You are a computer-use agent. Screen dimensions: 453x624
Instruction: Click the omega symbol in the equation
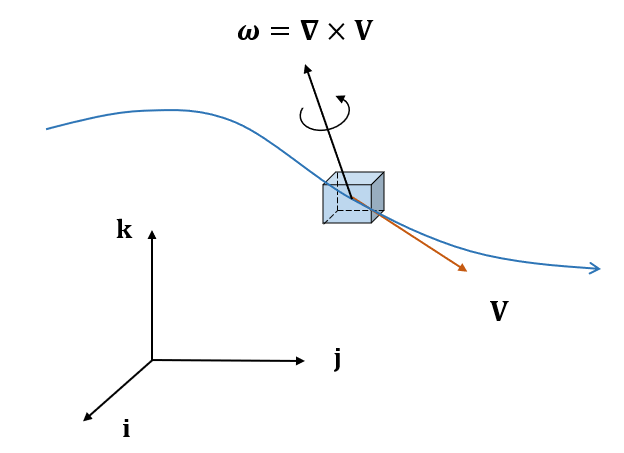247,33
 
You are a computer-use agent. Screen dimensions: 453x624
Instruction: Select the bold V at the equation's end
363,31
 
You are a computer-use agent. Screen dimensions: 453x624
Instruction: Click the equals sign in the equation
277,33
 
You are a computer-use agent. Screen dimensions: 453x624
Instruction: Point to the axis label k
124,230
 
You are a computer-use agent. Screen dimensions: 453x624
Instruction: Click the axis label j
338,359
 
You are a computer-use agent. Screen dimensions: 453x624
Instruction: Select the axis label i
126,429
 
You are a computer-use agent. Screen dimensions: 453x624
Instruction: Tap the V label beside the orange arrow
499,312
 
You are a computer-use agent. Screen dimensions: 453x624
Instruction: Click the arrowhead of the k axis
152,234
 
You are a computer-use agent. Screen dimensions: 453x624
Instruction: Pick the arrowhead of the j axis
300,361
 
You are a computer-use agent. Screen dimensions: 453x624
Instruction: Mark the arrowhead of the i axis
88,417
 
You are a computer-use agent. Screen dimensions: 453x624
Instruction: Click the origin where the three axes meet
152,360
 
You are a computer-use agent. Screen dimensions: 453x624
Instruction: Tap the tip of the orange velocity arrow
464,268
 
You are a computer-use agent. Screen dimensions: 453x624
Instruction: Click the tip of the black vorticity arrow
306,68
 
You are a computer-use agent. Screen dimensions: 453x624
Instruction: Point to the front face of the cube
346,204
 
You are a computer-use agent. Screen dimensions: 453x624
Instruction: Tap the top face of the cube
354,178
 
